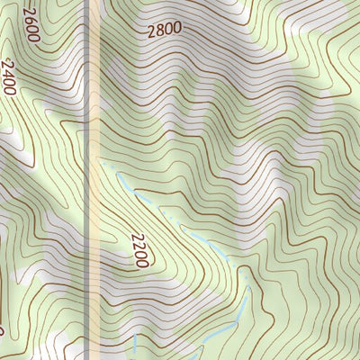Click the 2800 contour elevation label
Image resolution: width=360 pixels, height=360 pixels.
click(x=164, y=29)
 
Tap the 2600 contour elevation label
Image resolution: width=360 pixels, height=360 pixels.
click(x=31, y=24)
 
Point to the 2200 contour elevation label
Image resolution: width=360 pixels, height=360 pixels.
click(x=138, y=249)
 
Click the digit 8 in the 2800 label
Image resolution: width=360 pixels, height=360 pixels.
click(x=159, y=29)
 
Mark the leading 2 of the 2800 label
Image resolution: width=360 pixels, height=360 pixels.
click(x=151, y=30)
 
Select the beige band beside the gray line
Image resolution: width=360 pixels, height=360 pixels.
click(x=94, y=225)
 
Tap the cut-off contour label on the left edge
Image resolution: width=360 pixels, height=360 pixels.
click(x=2, y=330)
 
